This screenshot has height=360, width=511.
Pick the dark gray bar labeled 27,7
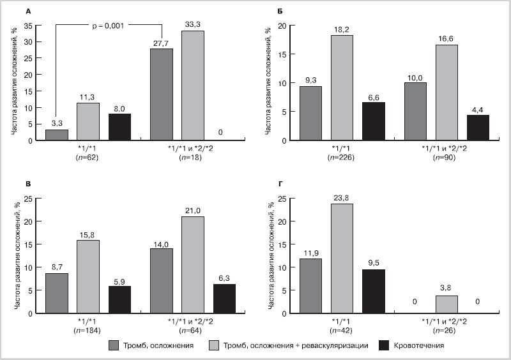(x=161, y=94)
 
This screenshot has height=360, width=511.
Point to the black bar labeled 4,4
(x=478, y=127)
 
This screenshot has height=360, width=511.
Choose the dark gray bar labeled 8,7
(x=56, y=292)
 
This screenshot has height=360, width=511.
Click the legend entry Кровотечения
(x=418, y=345)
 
